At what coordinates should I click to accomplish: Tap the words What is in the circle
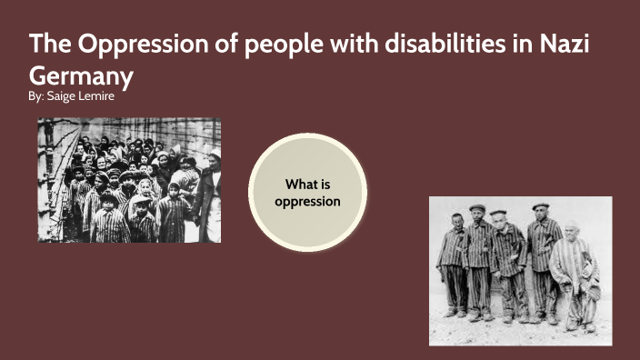click(x=307, y=184)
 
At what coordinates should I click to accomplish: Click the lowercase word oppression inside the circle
click(x=307, y=200)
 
